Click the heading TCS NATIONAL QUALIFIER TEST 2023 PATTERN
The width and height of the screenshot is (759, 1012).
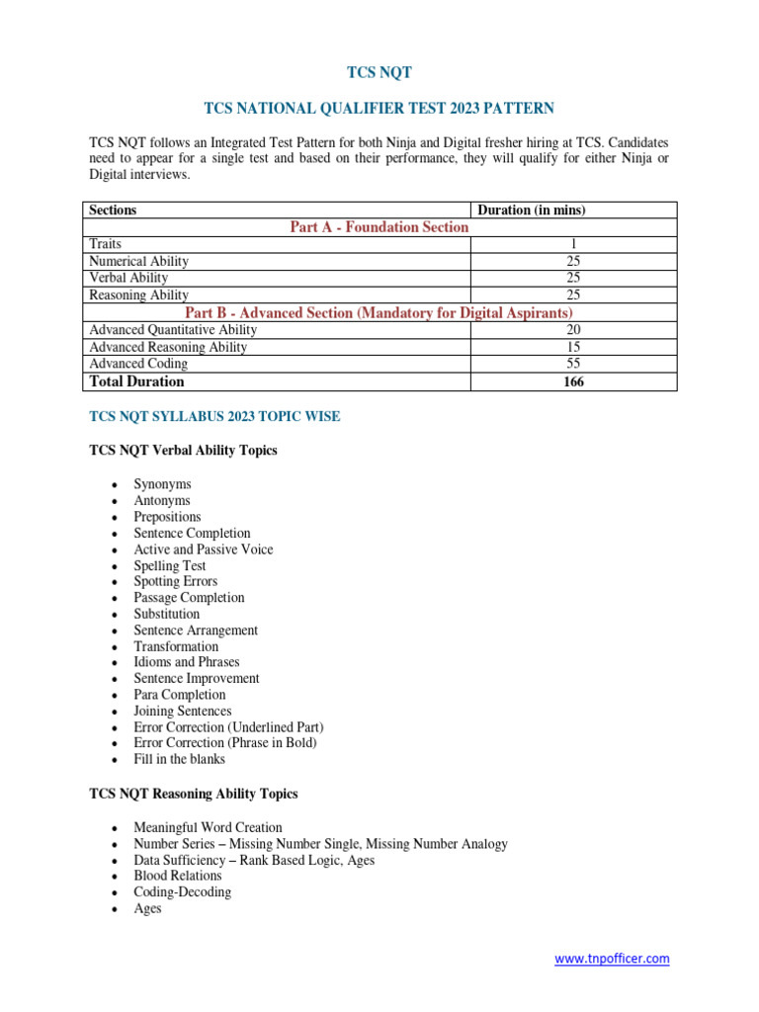[379, 108]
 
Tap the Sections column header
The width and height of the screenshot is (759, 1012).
[113, 211]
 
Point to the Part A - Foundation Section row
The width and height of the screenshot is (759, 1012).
[379, 227]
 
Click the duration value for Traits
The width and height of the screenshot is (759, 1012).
[572, 244]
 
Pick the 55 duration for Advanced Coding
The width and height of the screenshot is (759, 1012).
[572, 364]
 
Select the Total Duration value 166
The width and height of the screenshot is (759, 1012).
[572, 381]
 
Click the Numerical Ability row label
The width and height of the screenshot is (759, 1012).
[138, 261]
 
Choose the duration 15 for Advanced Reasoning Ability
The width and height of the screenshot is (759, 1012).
[572, 347]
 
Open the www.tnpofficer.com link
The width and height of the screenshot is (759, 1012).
[611, 959]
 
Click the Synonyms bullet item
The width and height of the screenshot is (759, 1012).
[162, 484]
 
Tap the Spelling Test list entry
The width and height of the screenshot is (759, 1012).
[170, 565]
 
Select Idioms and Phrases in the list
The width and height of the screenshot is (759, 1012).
[187, 662]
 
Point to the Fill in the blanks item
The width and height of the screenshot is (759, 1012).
[179, 759]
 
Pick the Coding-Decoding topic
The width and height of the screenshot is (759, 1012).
[182, 891]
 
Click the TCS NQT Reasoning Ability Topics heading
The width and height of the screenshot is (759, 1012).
[193, 794]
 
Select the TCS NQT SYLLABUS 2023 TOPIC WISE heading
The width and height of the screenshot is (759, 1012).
[214, 417]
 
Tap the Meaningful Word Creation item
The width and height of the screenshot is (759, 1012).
[208, 827]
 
